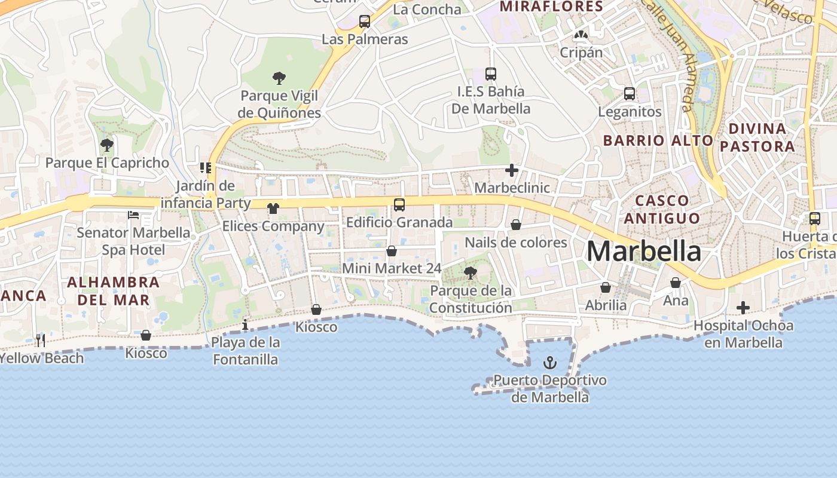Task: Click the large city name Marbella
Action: pos(643,252)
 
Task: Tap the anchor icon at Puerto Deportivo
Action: pos(549,362)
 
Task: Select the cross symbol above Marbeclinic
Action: pos(512,170)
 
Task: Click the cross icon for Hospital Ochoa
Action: pos(743,308)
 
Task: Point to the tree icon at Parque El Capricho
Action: pos(107,145)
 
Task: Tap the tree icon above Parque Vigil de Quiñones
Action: pos(279,78)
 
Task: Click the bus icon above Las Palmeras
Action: pos(365,22)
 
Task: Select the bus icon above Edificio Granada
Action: pos(399,204)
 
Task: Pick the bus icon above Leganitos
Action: pos(630,93)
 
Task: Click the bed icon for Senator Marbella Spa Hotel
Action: pos(133,215)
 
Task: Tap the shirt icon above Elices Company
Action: pos(273,208)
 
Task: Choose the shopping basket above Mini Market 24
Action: pos(392,251)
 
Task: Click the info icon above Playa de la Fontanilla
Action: pos(245,324)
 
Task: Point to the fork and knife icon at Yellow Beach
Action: pos(41,340)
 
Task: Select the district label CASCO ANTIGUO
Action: pos(662,209)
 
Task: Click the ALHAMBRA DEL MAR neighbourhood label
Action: pos(113,290)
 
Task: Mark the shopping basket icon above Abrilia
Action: pos(606,287)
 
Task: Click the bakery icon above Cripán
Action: pos(581,35)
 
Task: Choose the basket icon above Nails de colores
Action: pos(516,225)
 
